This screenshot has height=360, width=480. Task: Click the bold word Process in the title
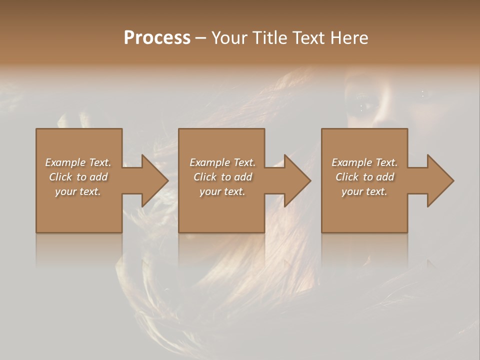(157, 38)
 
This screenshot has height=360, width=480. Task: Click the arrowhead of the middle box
(297, 180)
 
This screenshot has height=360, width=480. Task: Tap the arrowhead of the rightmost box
(440, 180)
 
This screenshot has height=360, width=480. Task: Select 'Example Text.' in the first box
(78, 162)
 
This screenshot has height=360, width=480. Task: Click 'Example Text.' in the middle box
(222, 162)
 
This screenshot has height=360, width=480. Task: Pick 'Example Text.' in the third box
(364, 162)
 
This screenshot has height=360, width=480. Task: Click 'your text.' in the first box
(78, 191)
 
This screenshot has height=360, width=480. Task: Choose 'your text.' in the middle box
(222, 191)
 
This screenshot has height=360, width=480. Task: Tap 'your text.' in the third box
(364, 191)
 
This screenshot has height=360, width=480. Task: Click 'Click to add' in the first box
(78, 177)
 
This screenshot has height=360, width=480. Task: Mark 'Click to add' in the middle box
(222, 177)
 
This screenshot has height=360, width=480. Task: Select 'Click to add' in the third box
(364, 177)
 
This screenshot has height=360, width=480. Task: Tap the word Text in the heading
(308, 38)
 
